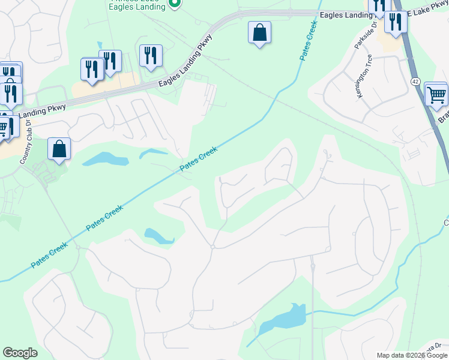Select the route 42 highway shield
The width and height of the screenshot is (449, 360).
(x=415, y=80)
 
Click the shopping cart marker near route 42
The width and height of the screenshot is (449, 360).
(x=436, y=94)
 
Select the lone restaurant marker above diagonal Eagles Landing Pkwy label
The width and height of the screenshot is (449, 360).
(x=150, y=56)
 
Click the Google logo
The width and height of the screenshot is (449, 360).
(x=20, y=353)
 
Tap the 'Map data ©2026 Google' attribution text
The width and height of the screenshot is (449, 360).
(x=412, y=355)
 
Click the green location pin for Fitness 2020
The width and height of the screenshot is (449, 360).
(x=174, y=4)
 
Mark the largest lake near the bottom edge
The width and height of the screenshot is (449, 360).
(x=282, y=322)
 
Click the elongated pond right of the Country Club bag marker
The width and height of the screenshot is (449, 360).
(x=106, y=159)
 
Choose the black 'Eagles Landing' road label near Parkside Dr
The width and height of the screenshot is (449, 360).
(x=343, y=14)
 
